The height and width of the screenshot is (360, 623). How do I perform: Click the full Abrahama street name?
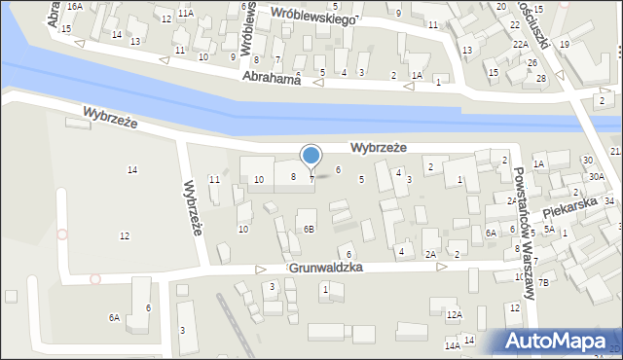(x=271, y=78)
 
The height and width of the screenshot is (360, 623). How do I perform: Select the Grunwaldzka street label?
(x=326, y=266)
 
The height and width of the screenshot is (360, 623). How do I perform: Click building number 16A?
(x=74, y=6)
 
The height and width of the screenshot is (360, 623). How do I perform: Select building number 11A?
(x=185, y=13)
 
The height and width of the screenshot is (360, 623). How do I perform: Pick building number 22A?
(x=521, y=45)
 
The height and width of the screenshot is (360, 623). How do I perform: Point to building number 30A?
(x=596, y=176)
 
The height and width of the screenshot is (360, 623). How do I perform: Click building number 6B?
(x=309, y=230)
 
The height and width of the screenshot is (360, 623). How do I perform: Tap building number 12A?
(x=454, y=314)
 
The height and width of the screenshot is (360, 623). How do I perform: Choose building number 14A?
(x=452, y=344)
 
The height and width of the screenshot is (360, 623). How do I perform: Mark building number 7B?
(x=544, y=282)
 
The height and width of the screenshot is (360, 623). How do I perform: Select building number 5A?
(x=549, y=230)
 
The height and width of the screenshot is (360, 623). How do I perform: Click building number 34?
(x=608, y=200)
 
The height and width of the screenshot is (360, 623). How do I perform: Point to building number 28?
(x=541, y=78)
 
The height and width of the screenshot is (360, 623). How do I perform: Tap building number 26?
(x=531, y=62)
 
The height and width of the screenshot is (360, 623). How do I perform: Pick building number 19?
(x=564, y=44)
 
